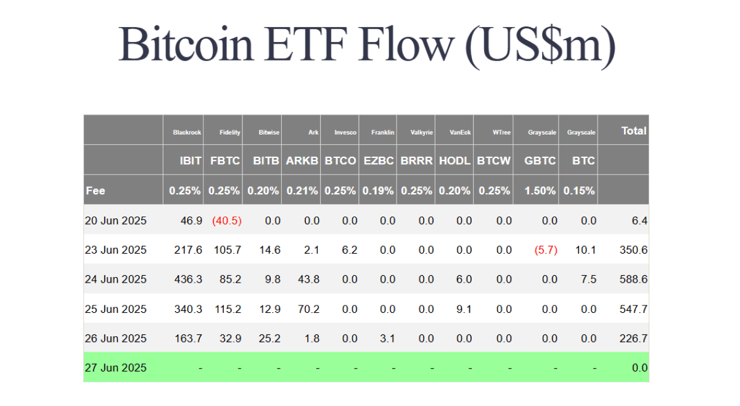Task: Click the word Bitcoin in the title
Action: click(186, 44)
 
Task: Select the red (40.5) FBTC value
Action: click(227, 220)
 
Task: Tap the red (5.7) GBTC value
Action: click(546, 250)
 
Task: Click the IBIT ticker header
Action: click(191, 160)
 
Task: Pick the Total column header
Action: click(634, 131)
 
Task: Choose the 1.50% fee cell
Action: click(540, 191)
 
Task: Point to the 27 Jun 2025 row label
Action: click(116, 368)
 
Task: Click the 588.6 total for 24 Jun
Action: click(633, 280)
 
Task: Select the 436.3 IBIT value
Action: click(188, 280)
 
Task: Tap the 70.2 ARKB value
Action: click(308, 309)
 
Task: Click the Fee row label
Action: click(96, 191)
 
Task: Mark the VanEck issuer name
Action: click(460, 133)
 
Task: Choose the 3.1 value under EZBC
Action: click(387, 339)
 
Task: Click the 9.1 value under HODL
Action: click(464, 309)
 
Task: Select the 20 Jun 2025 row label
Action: click(116, 220)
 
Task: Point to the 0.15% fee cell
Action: click(579, 191)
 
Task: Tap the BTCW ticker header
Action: click(494, 160)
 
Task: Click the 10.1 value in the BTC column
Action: click(586, 250)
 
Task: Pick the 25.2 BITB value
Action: click(269, 339)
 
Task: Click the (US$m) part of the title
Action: click(540, 46)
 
